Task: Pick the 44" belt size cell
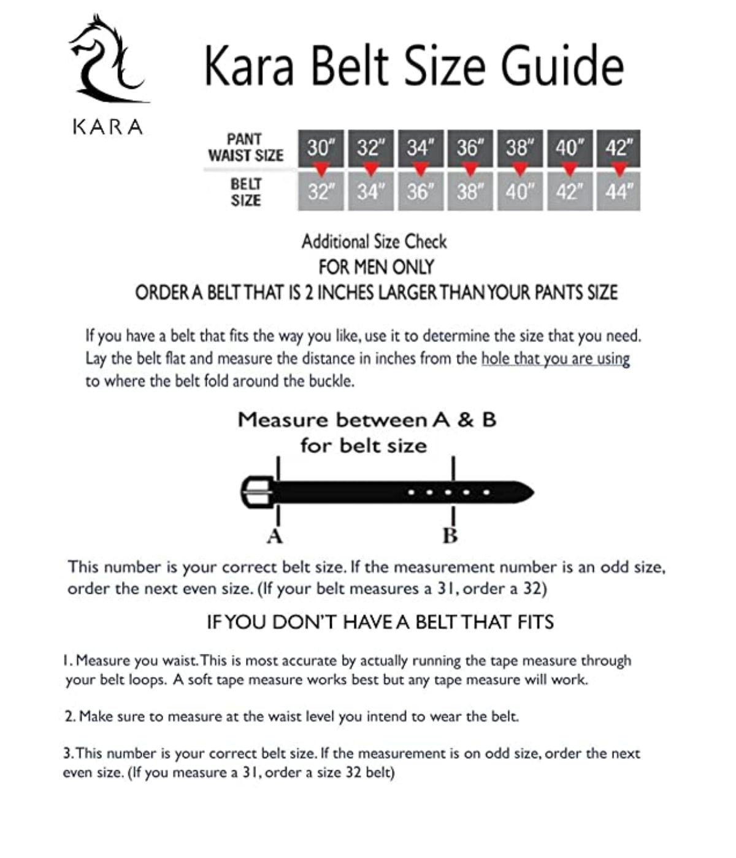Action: click(x=618, y=192)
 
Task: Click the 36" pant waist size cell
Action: click(x=470, y=147)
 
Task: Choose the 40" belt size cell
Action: click(x=519, y=192)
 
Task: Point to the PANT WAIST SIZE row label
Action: click(x=245, y=148)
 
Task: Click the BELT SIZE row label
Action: click(x=246, y=192)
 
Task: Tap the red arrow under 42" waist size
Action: click(x=619, y=169)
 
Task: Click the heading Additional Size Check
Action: click(x=374, y=241)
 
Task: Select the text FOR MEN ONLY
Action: click(x=376, y=267)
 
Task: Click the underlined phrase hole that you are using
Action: click(x=555, y=359)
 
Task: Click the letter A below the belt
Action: click(x=274, y=537)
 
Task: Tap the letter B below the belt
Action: click(x=450, y=536)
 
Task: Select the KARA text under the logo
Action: click(x=108, y=127)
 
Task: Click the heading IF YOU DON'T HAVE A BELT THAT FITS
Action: click(x=380, y=623)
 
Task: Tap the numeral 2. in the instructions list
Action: click(x=70, y=716)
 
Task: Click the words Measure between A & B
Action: click(x=367, y=420)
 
